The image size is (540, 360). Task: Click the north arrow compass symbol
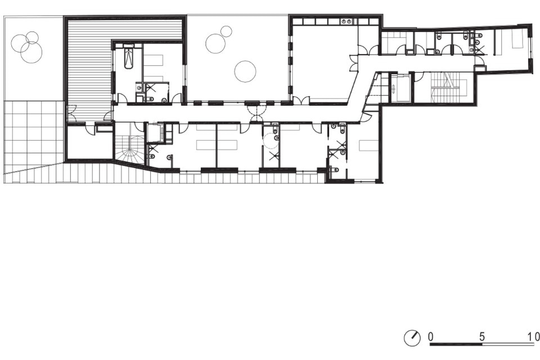(412, 338)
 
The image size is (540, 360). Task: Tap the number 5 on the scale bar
(482, 336)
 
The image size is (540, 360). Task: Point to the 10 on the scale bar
(533, 336)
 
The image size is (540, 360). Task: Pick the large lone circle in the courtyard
(245, 71)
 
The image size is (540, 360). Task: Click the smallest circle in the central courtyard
(226, 31)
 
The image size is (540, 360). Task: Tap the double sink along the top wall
(347, 22)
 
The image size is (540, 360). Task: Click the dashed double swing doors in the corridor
(256, 113)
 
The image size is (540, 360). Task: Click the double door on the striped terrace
(71, 113)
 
